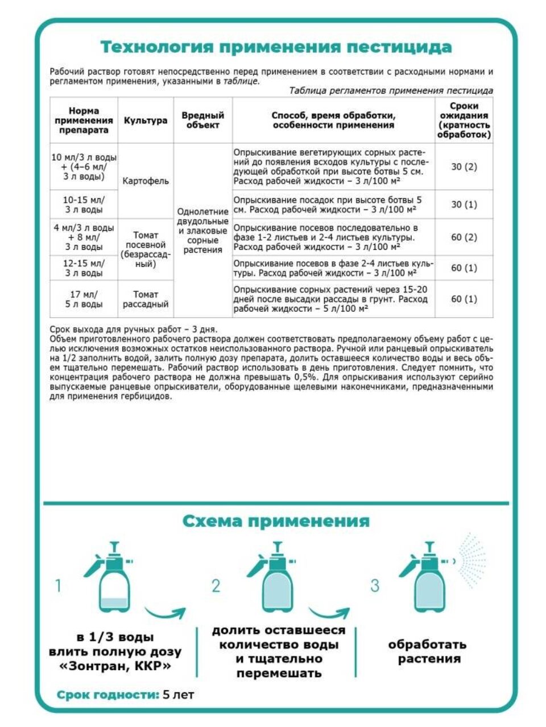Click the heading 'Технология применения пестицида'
tap(276, 47)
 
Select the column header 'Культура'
tap(146, 120)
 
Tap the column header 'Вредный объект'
tap(202, 120)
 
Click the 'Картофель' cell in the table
tap(146, 181)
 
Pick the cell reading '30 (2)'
tap(464, 167)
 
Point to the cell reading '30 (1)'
tap(464, 204)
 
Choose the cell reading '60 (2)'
tap(464, 237)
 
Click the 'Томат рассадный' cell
tap(146, 299)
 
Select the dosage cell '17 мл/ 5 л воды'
tap(84, 299)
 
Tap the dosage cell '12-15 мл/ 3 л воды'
tap(84, 268)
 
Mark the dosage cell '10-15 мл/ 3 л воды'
tap(84, 204)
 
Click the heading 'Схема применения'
tap(276, 521)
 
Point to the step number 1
tap(57, 585)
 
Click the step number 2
tap(216, 586)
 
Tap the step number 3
tap(374, 586)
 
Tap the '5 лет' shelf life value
tap(179, 695)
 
